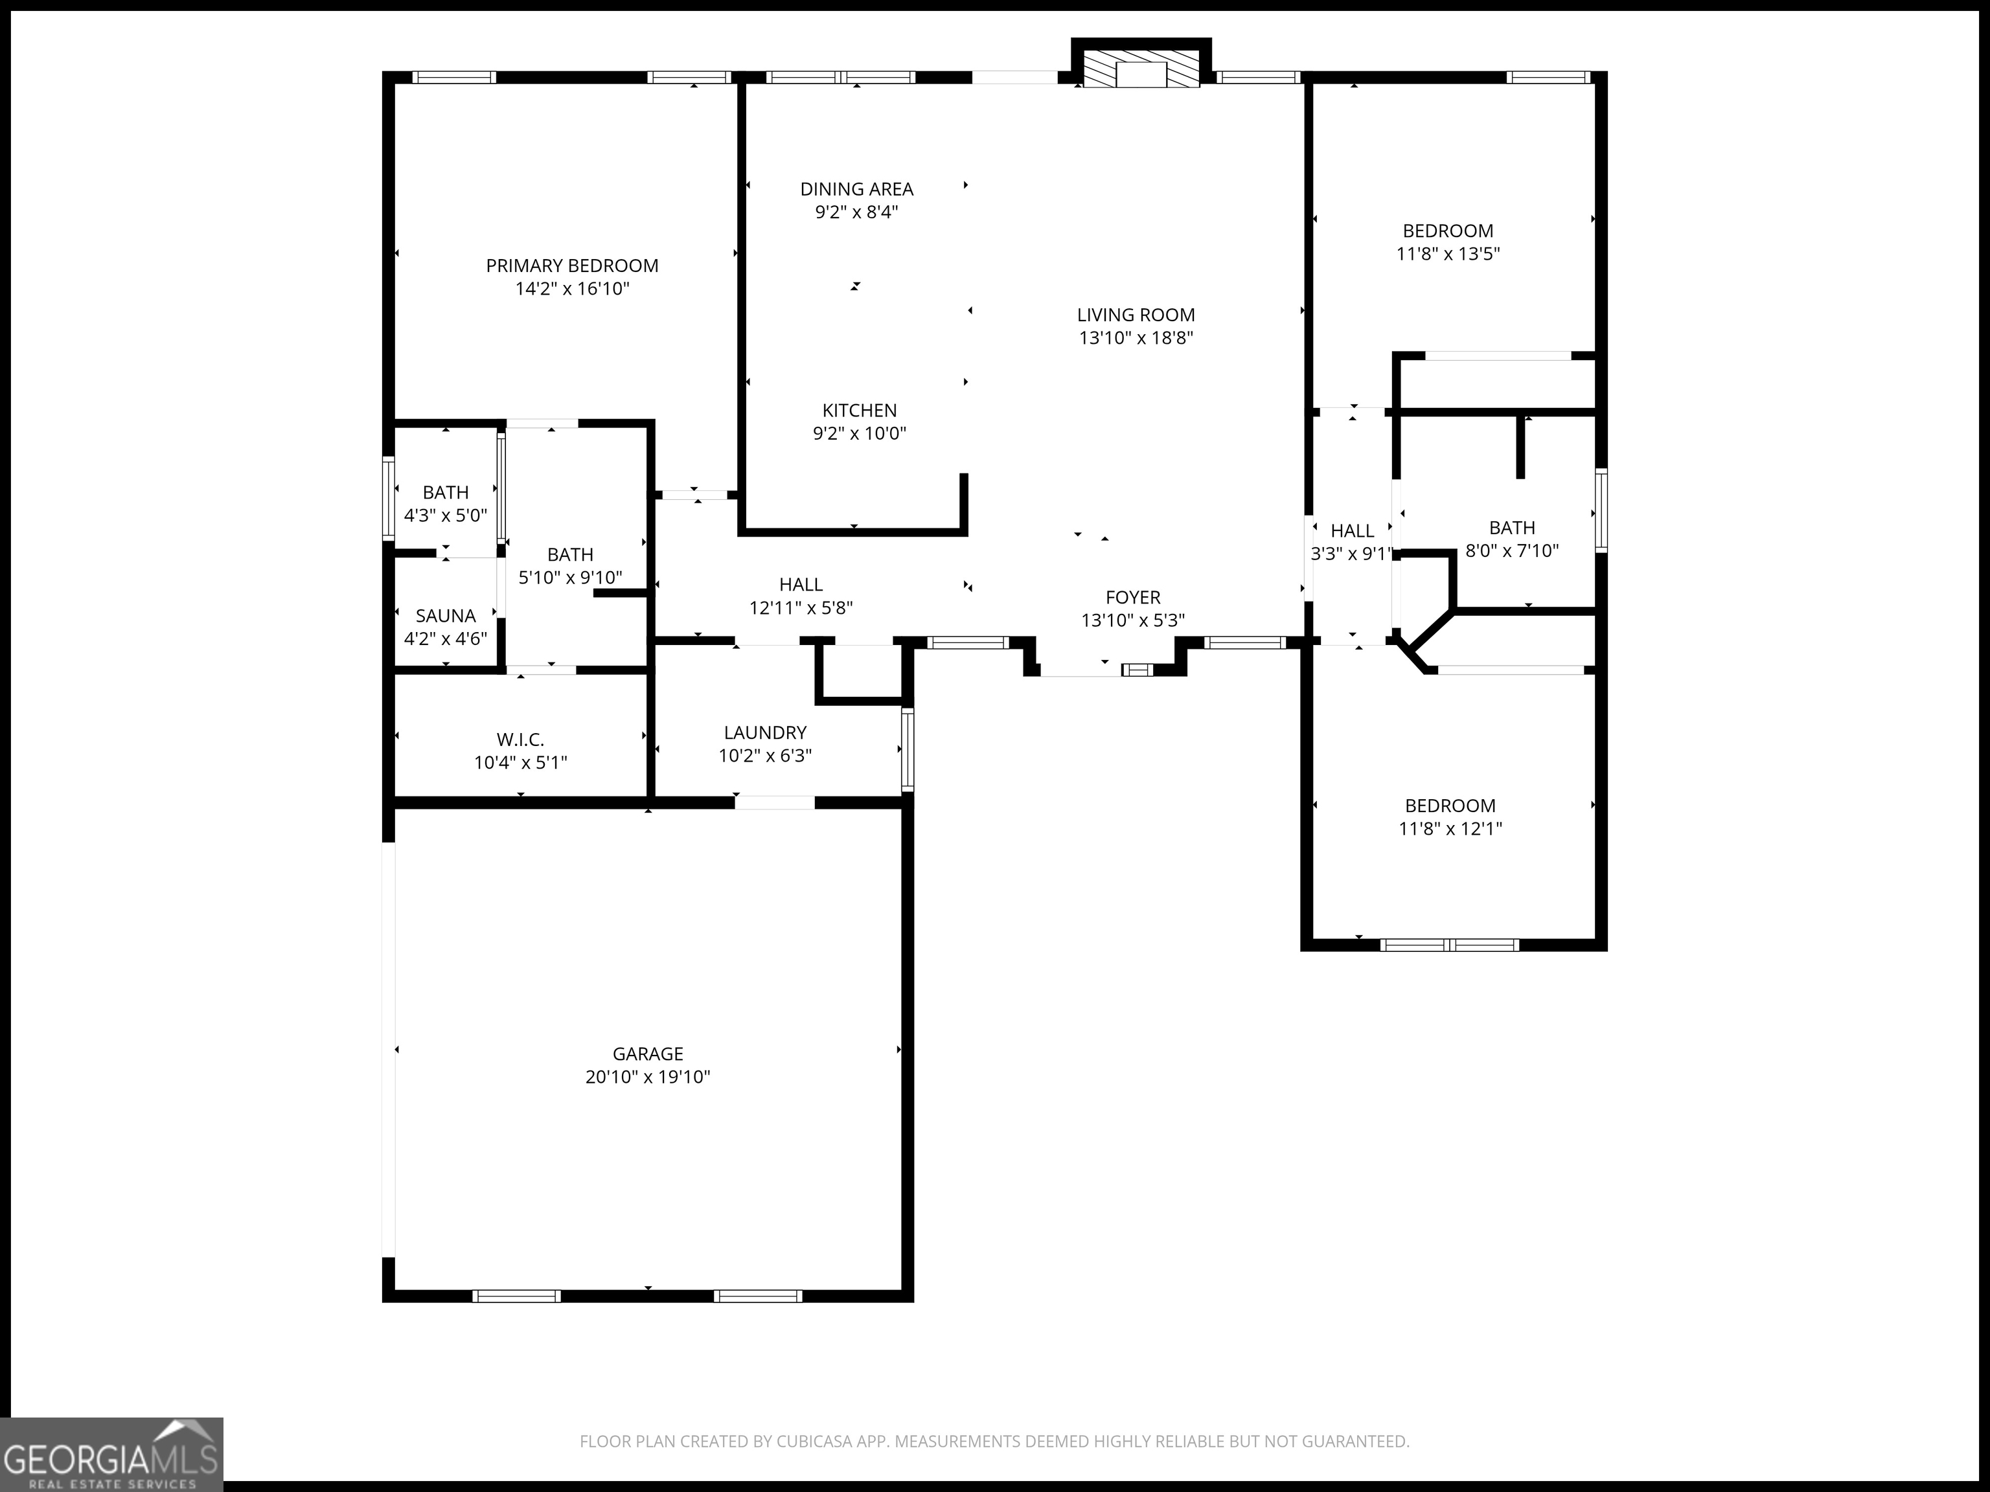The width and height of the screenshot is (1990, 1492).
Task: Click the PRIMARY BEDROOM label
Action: pos(572,266)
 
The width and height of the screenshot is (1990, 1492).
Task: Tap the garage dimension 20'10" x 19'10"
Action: pos(648,1076)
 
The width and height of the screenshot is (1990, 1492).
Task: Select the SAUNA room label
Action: pos(445,616)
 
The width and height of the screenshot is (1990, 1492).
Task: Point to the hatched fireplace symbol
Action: pos(1141,69)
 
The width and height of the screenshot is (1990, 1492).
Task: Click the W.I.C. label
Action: pos(520,740)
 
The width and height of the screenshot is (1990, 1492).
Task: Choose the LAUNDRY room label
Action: pos(764,732)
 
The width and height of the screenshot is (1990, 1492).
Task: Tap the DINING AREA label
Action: pos(856,189)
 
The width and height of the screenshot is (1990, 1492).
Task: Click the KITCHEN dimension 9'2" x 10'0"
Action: pos(859,433)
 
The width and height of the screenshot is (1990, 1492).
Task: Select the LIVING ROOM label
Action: pos(1136,315)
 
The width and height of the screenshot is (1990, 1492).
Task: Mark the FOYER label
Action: pos(1132,597)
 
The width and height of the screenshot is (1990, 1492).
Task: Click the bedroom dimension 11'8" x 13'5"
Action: pos(1448,254)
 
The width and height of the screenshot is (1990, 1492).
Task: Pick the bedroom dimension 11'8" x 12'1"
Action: pos(1449,828)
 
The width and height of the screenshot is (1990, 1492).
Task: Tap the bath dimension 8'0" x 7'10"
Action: pos(1511,550)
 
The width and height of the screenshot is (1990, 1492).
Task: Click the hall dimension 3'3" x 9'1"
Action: pos(1351,554)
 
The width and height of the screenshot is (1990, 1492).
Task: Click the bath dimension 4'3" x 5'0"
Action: pos(445,515)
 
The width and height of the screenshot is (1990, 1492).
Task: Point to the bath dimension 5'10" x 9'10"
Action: pos(570,578)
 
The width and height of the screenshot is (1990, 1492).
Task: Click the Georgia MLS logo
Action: pos(111,1454)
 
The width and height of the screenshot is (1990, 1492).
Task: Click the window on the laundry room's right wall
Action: pos(907,749)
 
